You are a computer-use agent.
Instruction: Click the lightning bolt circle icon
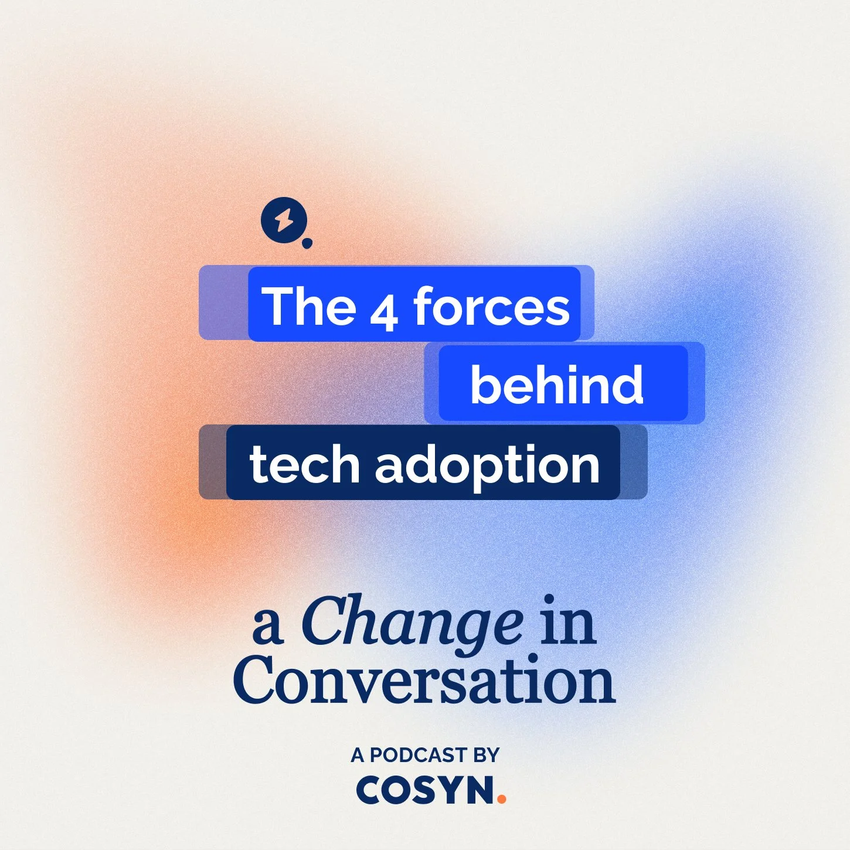[x=284, y=221]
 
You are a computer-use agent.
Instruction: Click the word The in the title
[x=309, y=305]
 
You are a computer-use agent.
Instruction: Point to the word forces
[x=491, y=305]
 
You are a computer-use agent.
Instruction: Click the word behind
[x=556, y=384]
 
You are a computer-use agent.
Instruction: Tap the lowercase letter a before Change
[x=268, y=626]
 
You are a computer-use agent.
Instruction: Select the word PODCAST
[x=419, y=755]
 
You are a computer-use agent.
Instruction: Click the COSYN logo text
[x=425, y=790]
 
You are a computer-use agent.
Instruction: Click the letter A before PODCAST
[x=358, y=755]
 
